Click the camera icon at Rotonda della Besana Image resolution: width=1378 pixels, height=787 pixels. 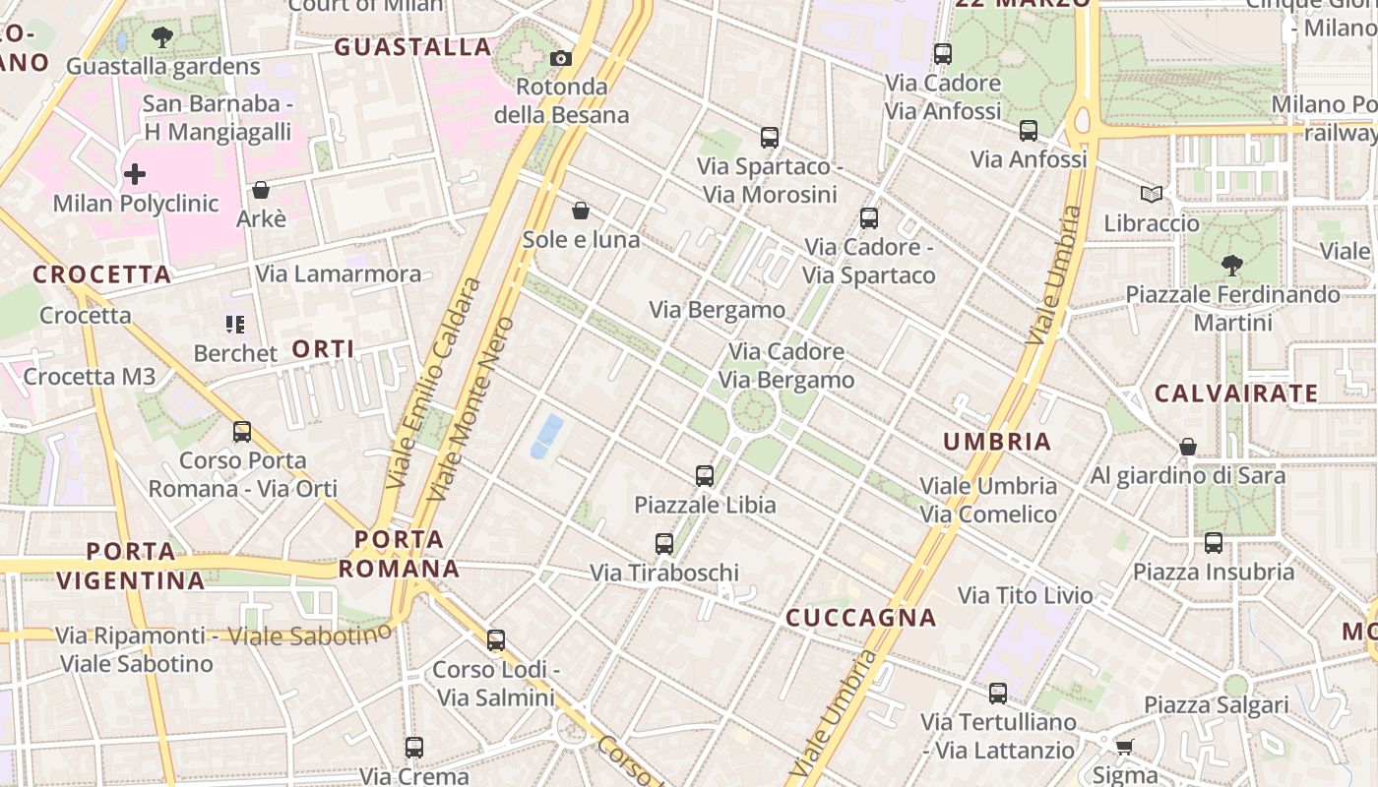pyautogui.click(x=561, y=59)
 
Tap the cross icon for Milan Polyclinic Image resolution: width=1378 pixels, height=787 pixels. pyautogui.click(x=135, y=175)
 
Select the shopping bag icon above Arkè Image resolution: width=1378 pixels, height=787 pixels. pyautogui.click(x=261, y=190)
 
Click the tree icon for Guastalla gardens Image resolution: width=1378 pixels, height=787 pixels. pyautogui.click(x=162, y=38)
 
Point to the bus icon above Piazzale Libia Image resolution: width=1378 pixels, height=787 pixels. pyautogui.click(x=705, y=476)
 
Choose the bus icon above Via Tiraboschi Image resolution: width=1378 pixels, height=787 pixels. pyautogui.click(x=664, y=543)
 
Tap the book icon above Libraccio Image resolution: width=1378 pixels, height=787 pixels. pyautogui.click(x=1151, y=195)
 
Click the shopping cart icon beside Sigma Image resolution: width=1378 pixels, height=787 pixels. pyautogui.click(x=1124, y=747)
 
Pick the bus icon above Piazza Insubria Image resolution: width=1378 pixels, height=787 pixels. pyautogui.click(x=1213, y=543)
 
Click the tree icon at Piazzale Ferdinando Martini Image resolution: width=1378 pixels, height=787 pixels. pyautogui.click(x=1231, y=265)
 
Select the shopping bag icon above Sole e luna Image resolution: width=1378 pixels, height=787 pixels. pyautogui.click(x=581, y=211)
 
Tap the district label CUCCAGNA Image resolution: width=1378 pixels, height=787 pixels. pyautogui.click(x=860, y=618)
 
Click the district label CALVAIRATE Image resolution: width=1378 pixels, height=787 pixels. pyautogui.click(x=1235, y=393)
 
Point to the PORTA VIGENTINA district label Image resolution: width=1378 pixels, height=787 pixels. pyautogui.click(x=131, y=566)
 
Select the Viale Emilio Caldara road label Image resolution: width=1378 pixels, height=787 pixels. pyautogui.click(x=434, y=384)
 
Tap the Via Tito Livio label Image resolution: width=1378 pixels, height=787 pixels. pyautogui.click(x=1025, y=595)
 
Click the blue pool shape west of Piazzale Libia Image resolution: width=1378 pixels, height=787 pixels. pyautogui.click(x=547, y=436)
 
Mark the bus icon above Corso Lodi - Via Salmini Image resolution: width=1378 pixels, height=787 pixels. pyautogui.click(x=496, y=640)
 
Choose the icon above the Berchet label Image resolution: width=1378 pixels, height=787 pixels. pyautogui.click(x=234, y=325)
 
